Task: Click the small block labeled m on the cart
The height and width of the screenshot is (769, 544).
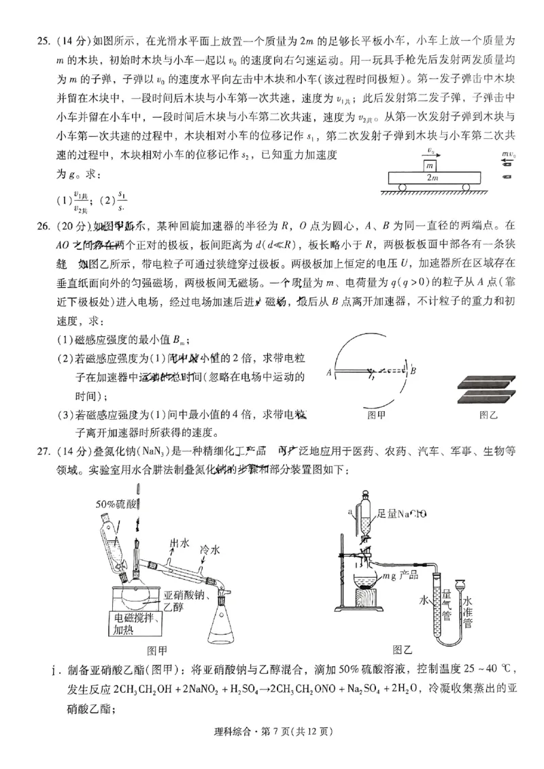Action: coord(430,166)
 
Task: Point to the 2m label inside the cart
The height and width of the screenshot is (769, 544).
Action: coord(432,178)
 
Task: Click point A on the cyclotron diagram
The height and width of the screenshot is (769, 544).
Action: coord(328,372)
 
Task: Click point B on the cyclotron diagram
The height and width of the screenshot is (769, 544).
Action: coord(413,370)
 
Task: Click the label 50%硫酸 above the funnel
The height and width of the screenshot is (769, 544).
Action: coord(116,504)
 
